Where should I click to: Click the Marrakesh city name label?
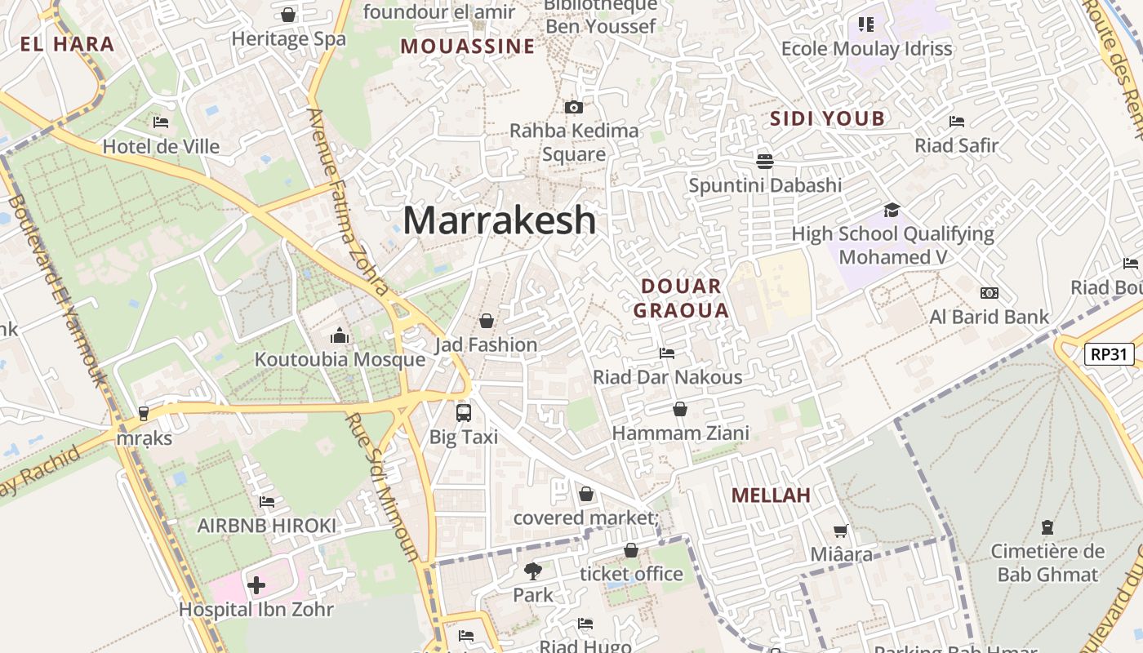point(500,220)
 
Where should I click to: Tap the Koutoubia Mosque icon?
point(340,335)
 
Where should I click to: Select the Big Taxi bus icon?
point(464,412)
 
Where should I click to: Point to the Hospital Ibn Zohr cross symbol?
point(256,585)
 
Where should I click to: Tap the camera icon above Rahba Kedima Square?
point(574,107)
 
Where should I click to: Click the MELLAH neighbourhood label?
point(771,495)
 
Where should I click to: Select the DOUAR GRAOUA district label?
point(681,298)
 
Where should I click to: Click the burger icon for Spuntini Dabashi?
point(765,161)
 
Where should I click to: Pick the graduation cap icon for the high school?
point(892,210)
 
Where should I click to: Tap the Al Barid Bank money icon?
point(990,293)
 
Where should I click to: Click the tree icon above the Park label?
point(533,571)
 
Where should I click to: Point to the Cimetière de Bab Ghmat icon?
point(1047,527)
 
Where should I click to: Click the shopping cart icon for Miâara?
point(841,531)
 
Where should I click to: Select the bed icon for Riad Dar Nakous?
point(667,353)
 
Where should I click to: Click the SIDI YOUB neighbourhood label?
point(828,119)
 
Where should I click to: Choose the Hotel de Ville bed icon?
point(161,122)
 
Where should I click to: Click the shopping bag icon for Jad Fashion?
point(487,321)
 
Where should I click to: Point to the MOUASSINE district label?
point(467,47)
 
